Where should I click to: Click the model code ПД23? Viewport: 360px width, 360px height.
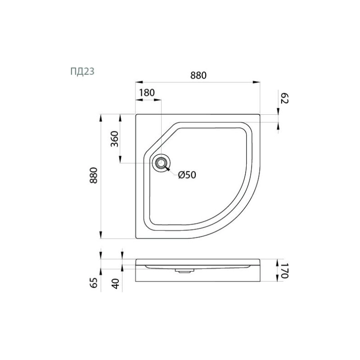click(x=82, y=72)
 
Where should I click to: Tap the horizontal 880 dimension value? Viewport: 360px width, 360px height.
click(x=198, y=75)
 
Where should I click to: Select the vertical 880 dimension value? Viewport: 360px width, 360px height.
click(x=94, y=175)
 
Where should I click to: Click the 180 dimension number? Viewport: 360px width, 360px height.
click(x=147, y=93)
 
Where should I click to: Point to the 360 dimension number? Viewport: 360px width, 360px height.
click(x=114, y=139)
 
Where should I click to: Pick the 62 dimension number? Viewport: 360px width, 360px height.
click(x=284, y=99)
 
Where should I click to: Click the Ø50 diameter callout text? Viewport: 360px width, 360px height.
click(x=187, y=175)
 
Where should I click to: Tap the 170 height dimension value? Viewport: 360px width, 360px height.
click(x=284, y=270)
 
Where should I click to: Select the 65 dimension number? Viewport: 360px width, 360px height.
click(x=94, y=283)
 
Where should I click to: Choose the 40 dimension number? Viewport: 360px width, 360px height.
click(x=115, y=283)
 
